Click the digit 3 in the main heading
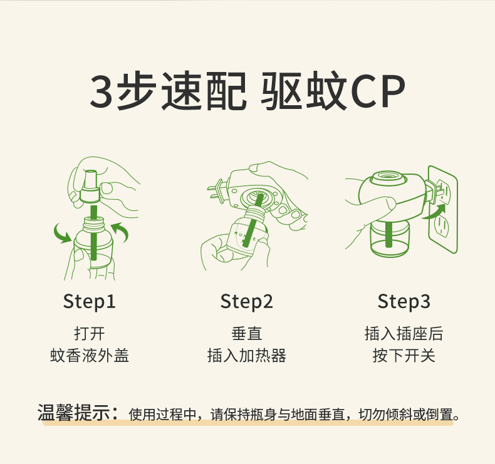[x=103, y=92]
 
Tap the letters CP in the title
[x=377, y=92]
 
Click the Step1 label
[x=90, y=302]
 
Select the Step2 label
[x=247, y=302]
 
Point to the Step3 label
[x=404, y=302]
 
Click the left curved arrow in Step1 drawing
[x=61, y=234]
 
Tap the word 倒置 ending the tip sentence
[x=439, y=415]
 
